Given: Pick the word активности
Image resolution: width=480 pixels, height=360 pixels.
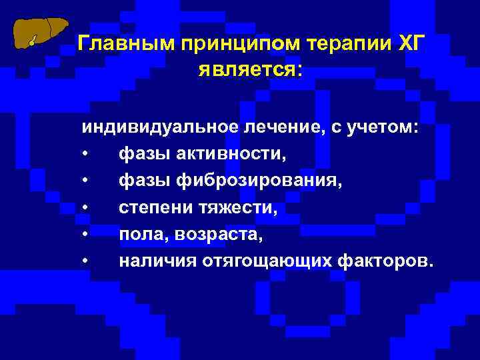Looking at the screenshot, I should tap(231, 155).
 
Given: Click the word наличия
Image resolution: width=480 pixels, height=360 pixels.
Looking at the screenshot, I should tap(155, 261).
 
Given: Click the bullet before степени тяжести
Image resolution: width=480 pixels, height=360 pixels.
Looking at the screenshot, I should tap(86, 208).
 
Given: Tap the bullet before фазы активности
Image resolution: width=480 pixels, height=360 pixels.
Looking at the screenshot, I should tap(86, 155).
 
